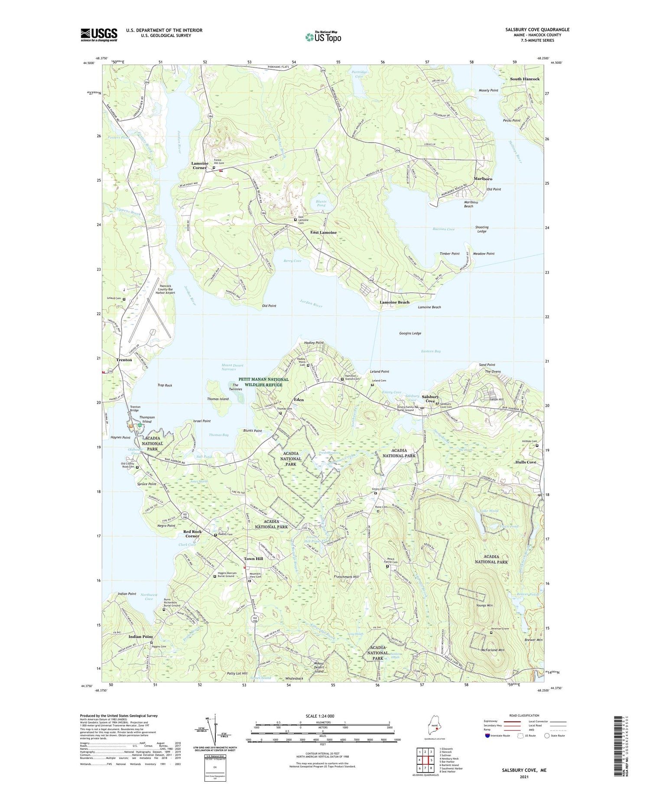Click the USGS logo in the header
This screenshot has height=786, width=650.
point(99,35)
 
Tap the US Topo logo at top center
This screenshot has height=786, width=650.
point(323,37)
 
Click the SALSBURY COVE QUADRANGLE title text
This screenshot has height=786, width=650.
point(537,29)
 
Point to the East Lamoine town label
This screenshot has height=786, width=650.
point(323,232)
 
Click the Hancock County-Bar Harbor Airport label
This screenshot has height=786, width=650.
point(167,289)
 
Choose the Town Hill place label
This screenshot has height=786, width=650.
point(253,559)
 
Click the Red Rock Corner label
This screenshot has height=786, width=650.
point(192,534)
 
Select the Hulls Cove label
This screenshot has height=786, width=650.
point(526,462)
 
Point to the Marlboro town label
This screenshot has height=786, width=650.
point(483,179)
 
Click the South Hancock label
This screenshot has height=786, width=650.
point(524,79)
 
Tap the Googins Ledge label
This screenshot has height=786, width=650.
point(410,333)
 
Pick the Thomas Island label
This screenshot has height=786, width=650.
point(218,399)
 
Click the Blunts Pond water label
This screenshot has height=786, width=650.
point(321,203)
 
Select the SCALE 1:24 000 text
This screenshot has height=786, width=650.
point(318,716)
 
